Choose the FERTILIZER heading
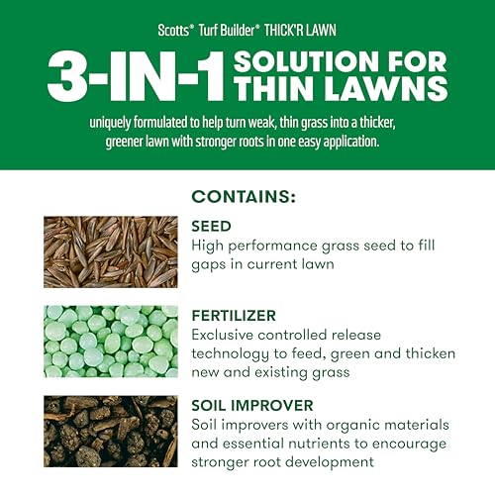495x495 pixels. [x=236, y=315]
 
